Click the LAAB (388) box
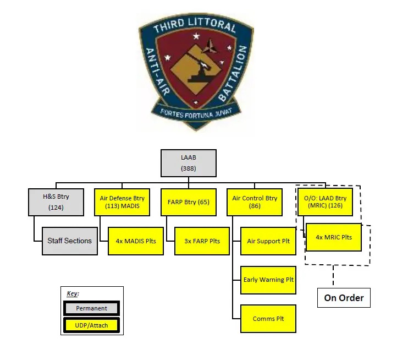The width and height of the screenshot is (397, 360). [189, 163]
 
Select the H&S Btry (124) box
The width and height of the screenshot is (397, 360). [56, 202]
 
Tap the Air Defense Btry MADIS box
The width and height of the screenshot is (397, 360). [122, 202]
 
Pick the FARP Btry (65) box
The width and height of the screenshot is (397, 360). [188, 202]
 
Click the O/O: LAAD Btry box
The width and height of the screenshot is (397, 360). [325, 202]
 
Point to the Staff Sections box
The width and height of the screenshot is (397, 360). [70, 241]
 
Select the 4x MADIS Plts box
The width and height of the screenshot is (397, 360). [136, 241]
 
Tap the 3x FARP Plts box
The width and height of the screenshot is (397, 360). [202, 241]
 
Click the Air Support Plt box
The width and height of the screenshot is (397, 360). [268, 241]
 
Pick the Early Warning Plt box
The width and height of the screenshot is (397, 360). [268, 280]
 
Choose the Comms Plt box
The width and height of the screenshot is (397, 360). [268, 318]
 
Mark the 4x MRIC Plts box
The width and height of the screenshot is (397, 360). [333, 237]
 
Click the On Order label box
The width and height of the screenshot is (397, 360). [344, 298]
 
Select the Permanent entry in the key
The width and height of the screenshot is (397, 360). [92, 309]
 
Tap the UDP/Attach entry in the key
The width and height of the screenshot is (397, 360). [92, 325]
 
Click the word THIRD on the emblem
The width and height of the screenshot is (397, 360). [172, 27]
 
